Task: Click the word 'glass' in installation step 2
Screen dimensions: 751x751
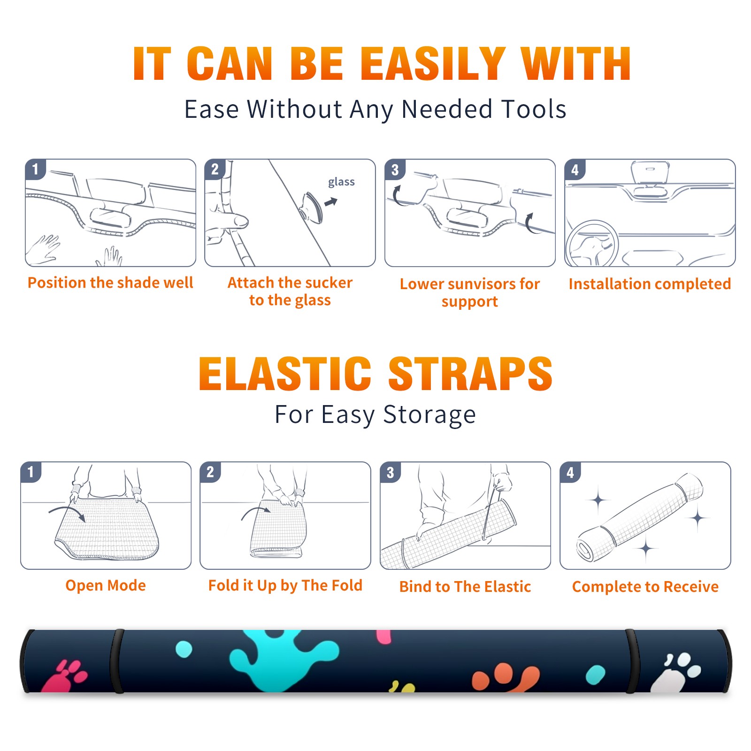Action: [x=341, y=182]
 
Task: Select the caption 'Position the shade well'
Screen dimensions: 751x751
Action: [x=110, y=283]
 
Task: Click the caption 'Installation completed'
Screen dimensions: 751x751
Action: [x=650, y=284]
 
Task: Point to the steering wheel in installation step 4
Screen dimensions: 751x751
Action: [x=592, y=244]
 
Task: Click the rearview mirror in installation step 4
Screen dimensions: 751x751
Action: [x=650, y=173]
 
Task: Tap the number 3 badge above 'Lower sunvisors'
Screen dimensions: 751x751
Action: [x=395, y=170]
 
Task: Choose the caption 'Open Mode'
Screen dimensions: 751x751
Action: [x=106, y=585]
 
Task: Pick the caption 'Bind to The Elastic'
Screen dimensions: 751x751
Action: [x=465, y=586]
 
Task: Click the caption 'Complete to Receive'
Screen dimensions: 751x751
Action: [x=645, y=587]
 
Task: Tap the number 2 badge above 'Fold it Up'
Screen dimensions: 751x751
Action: [x=210, y=472]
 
